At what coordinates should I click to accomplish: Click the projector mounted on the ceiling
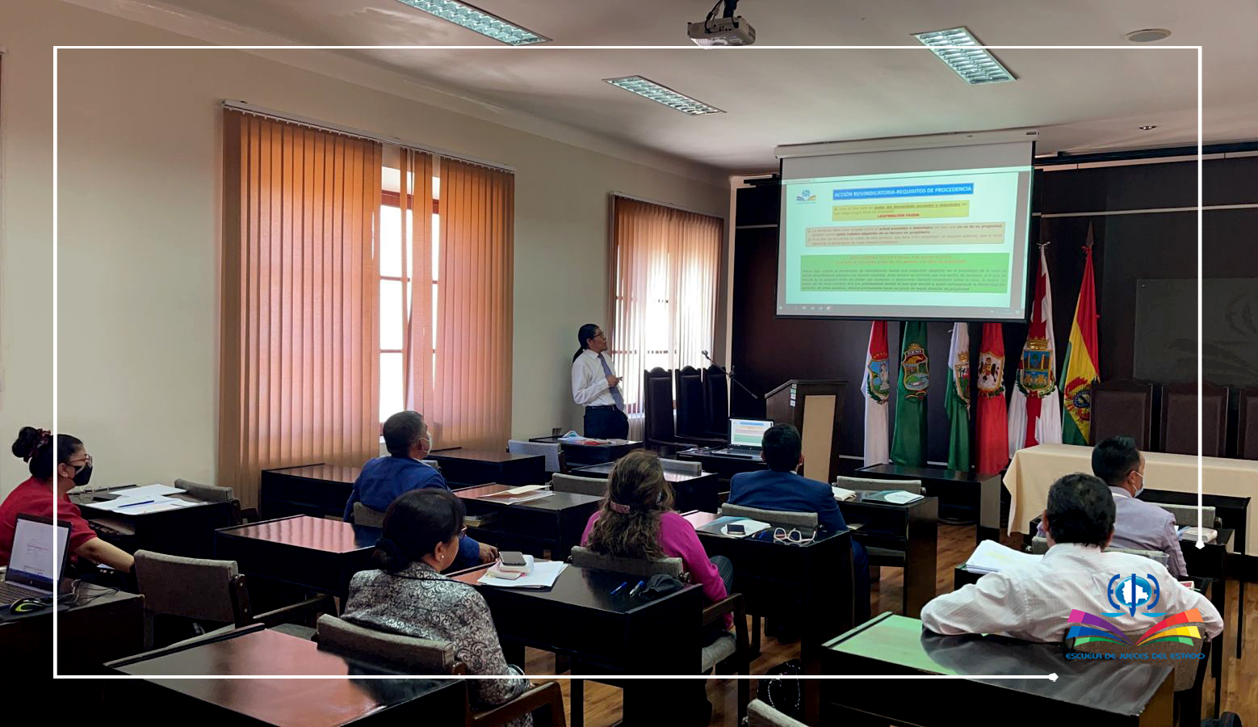(x=720, y=31)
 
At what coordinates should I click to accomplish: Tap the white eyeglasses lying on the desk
(x=792, y=535)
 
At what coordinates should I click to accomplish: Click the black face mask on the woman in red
(x=81, y=475)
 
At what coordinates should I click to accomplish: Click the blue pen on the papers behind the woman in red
(x=137, y=504)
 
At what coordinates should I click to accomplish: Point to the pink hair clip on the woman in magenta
(x=619, y=507)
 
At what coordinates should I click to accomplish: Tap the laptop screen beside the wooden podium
(x=750, y=433)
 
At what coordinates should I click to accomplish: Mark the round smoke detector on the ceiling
(x=1147, y=36)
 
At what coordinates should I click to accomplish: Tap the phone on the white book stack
(x=513, y=558)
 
